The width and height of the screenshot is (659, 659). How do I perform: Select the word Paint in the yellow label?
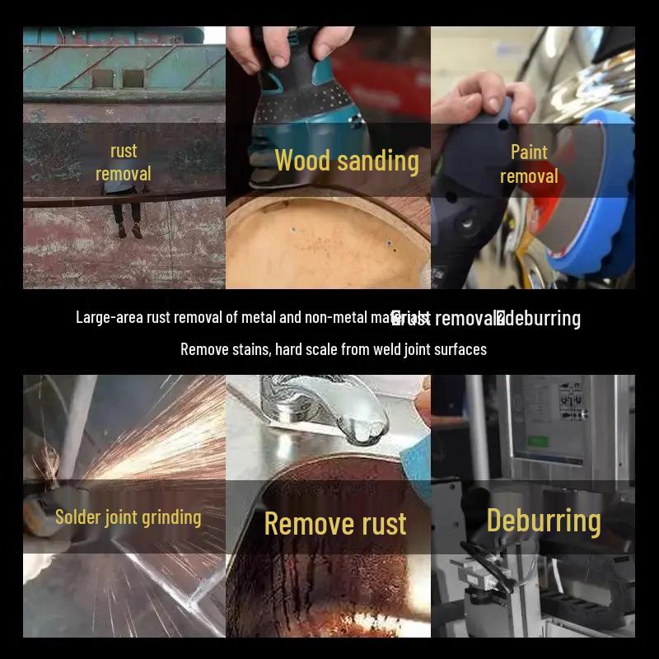click(x=529, y=152)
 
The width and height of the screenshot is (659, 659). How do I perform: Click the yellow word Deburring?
click(x=544, y=521)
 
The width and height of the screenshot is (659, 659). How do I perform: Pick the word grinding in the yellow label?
click(x=170, y=518)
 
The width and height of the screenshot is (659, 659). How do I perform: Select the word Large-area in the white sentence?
click(x=110, y=317)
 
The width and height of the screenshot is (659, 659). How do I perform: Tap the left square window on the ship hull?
click(x=102, y=79)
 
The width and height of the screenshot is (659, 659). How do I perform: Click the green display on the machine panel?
click(x=538, y=440)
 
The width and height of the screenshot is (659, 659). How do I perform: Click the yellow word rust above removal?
click(x=124, y=152)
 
